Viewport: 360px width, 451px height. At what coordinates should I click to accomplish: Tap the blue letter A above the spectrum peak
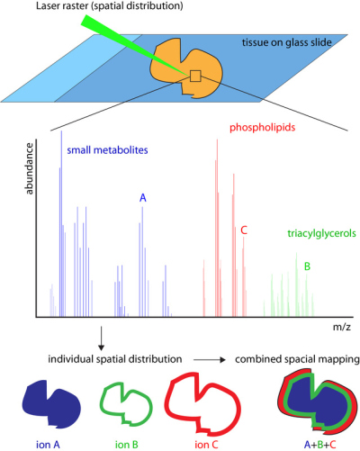click(142, 197)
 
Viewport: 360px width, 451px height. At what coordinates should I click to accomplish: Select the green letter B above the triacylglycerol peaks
click(307, 266)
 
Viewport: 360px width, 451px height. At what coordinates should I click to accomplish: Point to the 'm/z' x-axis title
click(341, 332)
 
